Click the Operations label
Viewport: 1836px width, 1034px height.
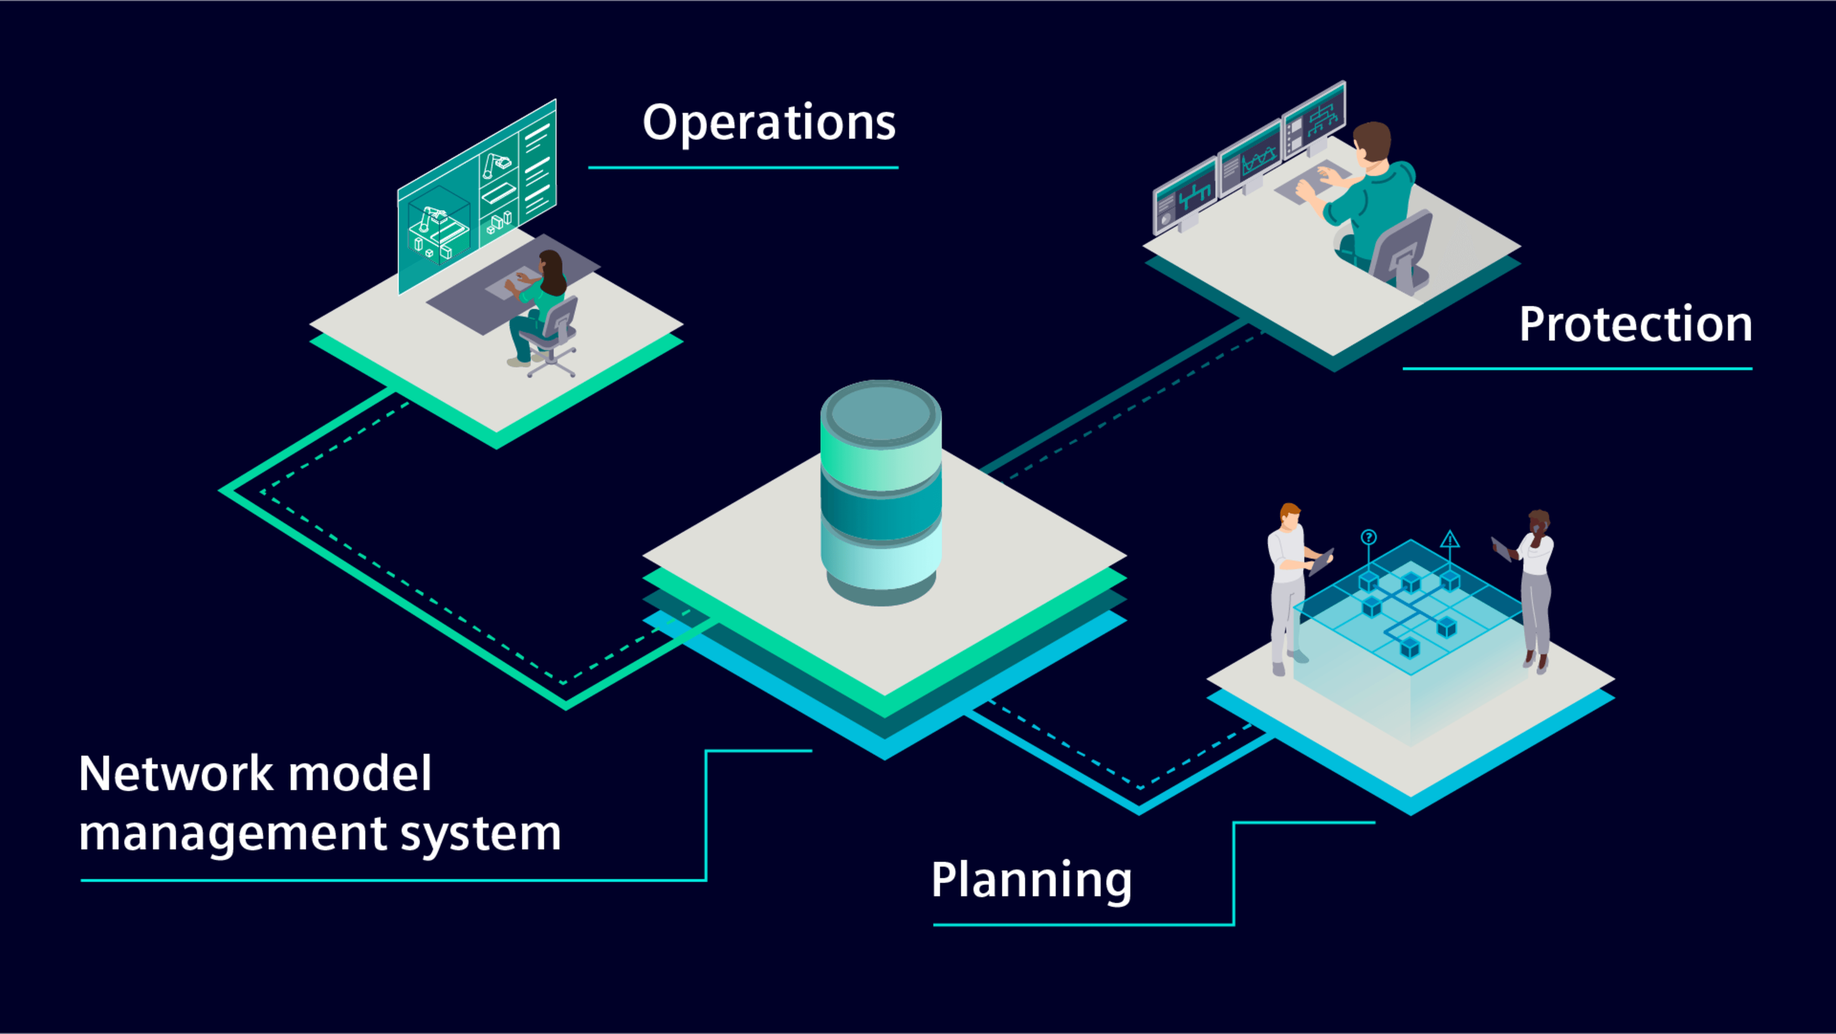click(x=769, y=123)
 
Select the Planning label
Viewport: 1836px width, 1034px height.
click(x=1031, y=881)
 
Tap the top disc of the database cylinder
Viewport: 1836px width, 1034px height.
click(x=881, y=414)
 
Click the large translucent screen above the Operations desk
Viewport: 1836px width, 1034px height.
click(x=477, y=196)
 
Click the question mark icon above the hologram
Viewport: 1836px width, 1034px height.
click(x=1368, y=537)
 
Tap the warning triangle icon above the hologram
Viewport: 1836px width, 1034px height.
click(x=1450, y=539)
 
